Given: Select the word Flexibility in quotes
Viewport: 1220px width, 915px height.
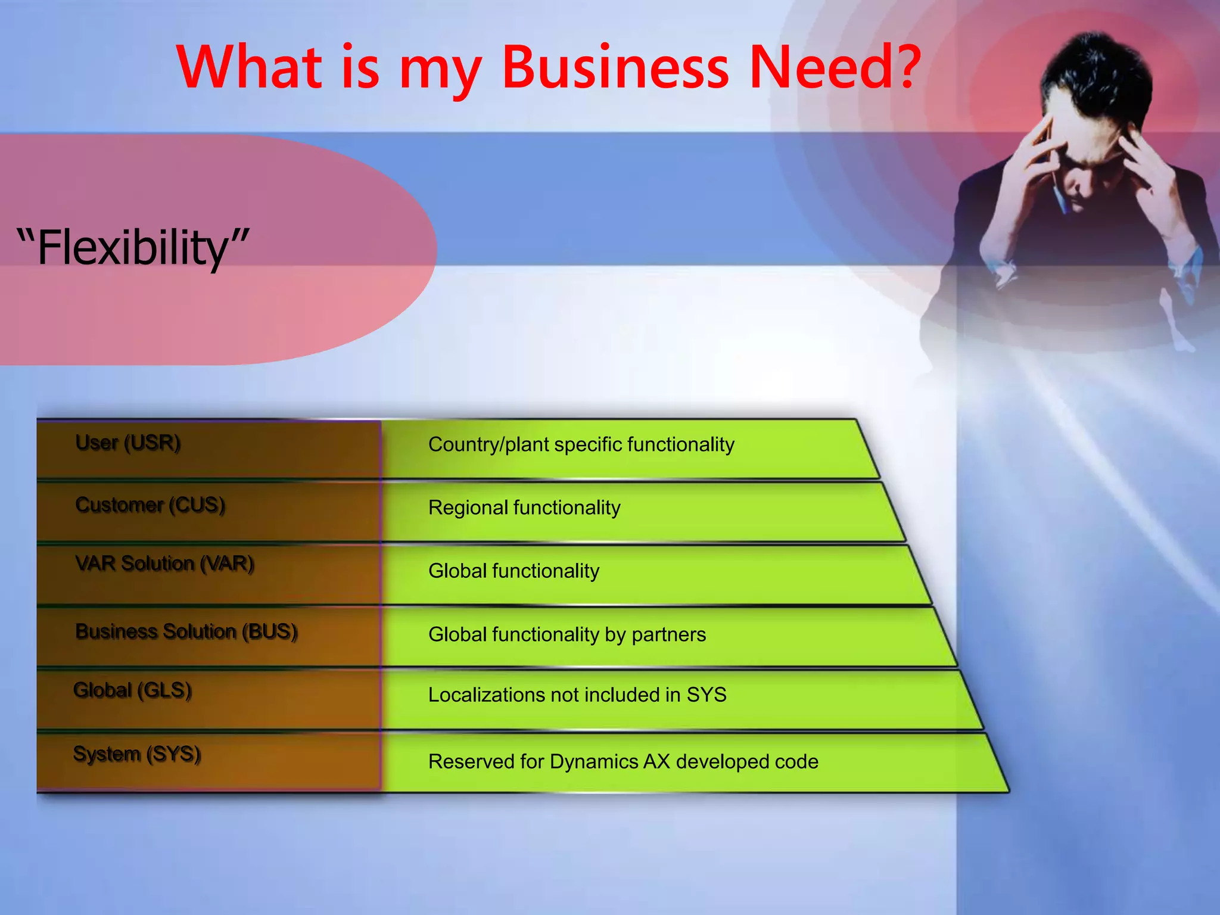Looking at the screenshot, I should tap(132, 248).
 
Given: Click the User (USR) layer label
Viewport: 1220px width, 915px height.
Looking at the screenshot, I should tap(128, 443).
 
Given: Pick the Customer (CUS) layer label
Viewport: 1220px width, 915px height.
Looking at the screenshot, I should tap(150, 505).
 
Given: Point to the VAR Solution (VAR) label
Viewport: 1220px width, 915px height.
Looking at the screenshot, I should tap(165, 564).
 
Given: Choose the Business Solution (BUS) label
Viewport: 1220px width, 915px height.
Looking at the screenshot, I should tap(186, 631).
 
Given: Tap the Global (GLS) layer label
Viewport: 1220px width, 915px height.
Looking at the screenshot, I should tap(132, 690).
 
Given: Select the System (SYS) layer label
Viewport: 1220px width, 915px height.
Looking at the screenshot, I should tap(137, 754).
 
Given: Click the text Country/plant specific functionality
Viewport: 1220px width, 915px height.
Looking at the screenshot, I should tap(581, 444).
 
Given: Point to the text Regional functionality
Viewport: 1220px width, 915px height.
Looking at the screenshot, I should tap(524, 508).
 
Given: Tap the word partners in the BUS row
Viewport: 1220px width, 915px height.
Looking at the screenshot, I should tap(668, 634).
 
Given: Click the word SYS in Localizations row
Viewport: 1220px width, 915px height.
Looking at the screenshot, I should tap(707, 695).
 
